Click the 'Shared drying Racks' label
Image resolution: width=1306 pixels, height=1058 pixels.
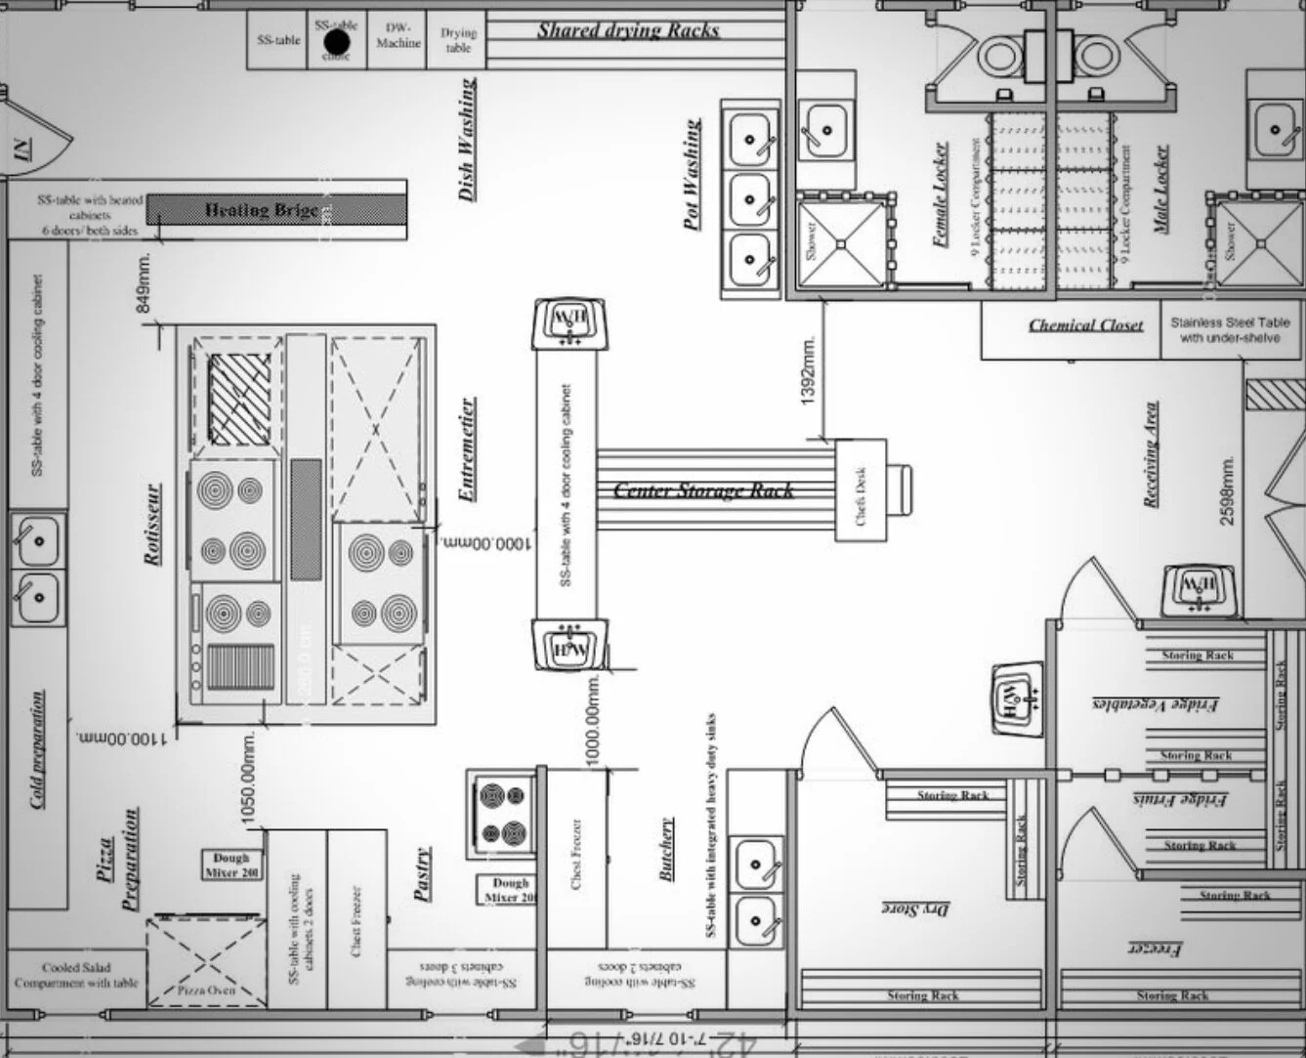(x=628, y=30)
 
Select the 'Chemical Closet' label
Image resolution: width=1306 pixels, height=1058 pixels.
(x=1085, y=325)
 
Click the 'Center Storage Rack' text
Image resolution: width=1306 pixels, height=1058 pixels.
(x=703, y=490)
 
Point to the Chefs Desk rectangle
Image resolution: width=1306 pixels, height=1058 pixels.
(x=861, y=490)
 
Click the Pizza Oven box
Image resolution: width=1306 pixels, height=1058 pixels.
(x=206, y=962)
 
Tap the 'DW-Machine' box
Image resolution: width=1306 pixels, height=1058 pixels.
(x=398, y=37)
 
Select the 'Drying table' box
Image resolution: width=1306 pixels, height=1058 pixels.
(x=457, y=39)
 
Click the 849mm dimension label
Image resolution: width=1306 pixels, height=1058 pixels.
(x=145, y=282)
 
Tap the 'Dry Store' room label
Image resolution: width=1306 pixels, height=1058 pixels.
(x=916, y=909)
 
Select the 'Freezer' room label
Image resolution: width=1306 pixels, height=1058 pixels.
(x=1158, y=948)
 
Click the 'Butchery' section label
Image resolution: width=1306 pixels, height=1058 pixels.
(x=667, y=849)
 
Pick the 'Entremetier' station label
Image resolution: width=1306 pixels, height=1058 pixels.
(x=468, y=448)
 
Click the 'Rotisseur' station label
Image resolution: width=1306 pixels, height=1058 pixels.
(x=152, y=524)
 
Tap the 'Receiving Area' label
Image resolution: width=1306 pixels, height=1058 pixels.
(x=1152, y=453)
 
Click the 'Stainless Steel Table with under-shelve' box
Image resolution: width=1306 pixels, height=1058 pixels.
(x=1229, y=329)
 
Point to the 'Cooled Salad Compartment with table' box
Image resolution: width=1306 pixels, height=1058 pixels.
(x=76, y=975)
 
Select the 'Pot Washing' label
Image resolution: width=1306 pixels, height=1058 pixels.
(x=692, y=174)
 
